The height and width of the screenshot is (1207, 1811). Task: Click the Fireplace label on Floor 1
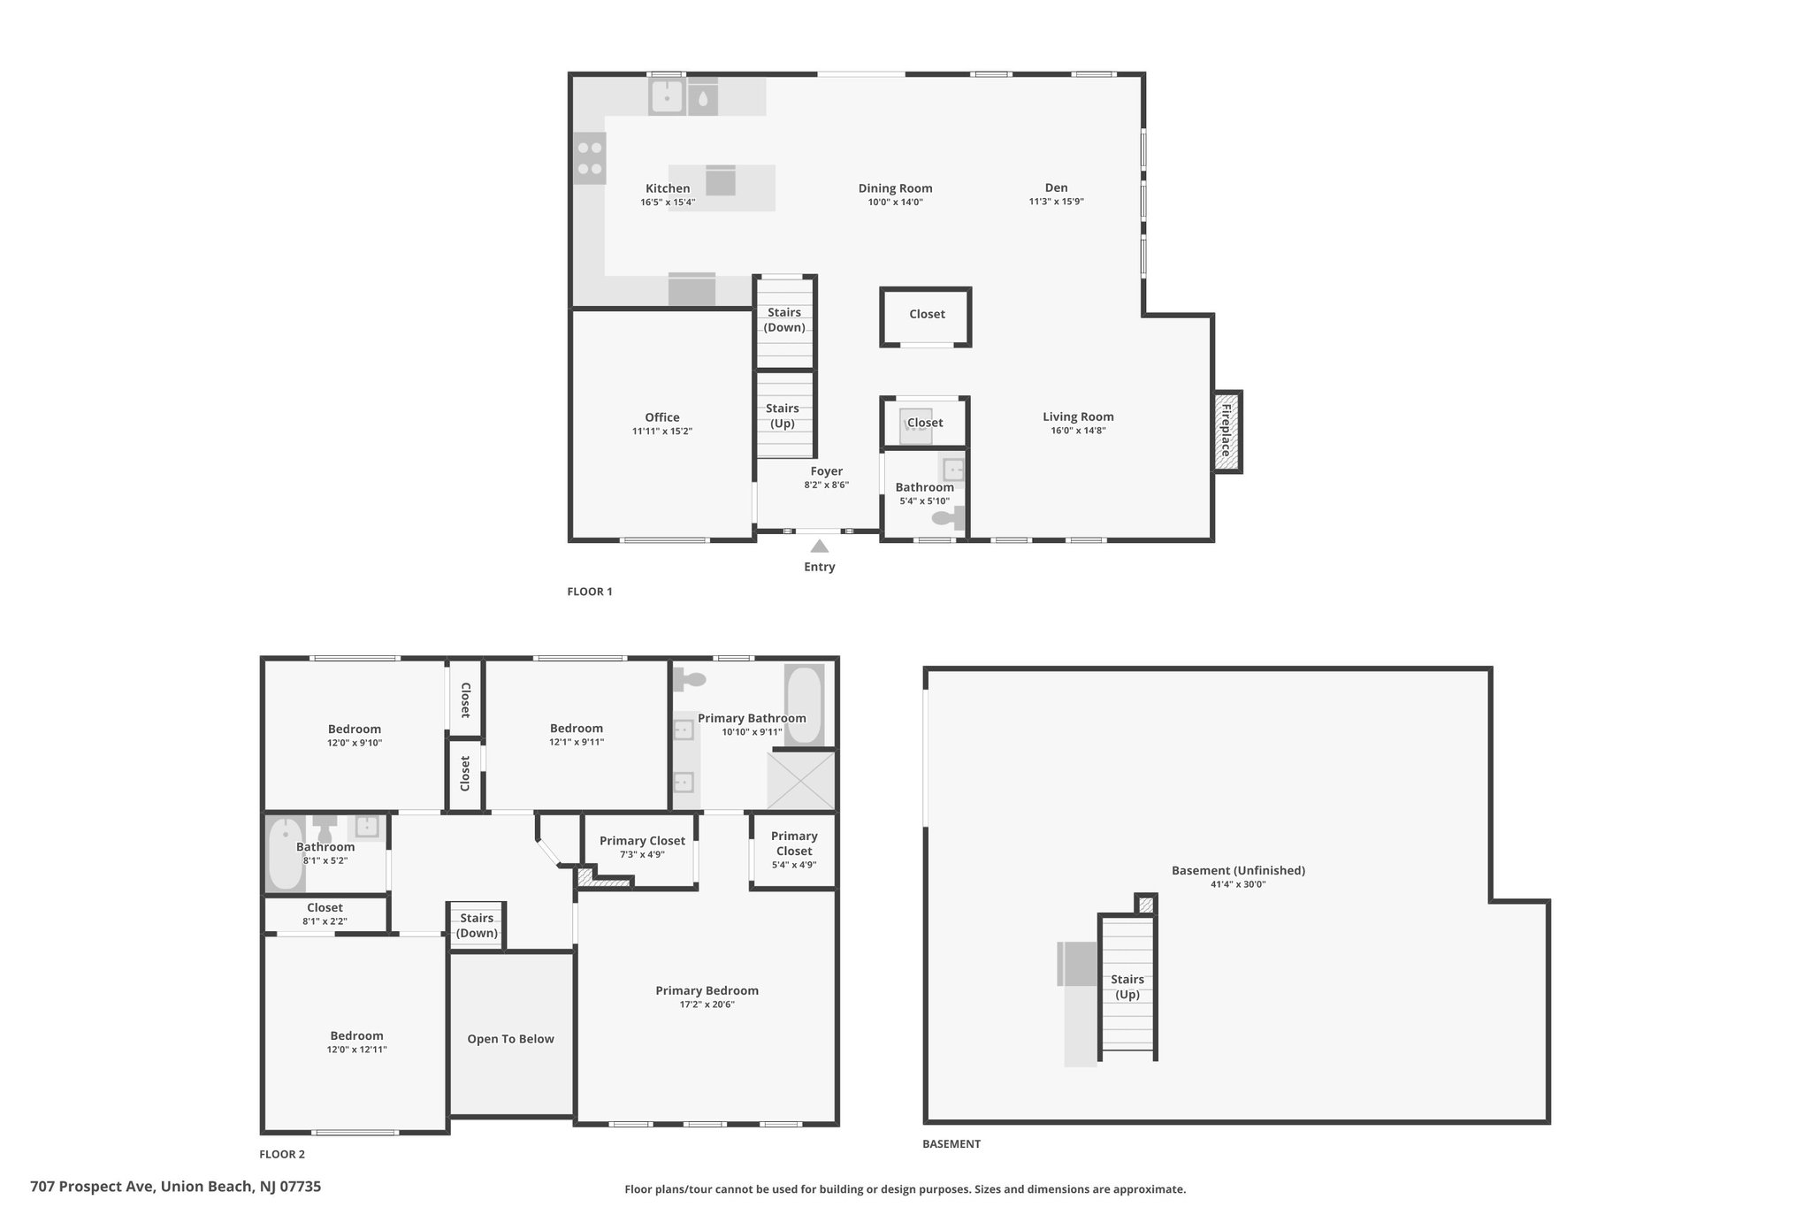[x=1226, y=431]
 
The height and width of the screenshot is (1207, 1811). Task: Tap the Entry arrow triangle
[x=820, y=546]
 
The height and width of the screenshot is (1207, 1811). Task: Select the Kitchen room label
[x=668, y=188]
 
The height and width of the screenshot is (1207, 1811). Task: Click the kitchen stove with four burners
[x=590, y=158]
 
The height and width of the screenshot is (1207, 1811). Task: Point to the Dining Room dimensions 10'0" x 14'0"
[x=896, y=202]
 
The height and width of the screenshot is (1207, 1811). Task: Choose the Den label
[x=1057, y=187]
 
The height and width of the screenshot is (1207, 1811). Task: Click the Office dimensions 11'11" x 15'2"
[x=662, y=432]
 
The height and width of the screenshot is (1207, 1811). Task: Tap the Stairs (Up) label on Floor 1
[x=783, y=416]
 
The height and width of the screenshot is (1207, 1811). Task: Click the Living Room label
[x=1078, y=416]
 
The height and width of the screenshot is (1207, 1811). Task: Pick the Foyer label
[x=827, y=471]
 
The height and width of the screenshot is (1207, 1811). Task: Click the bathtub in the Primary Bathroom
[x=804, y=705]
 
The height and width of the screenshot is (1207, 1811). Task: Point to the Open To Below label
[x=511, y=1039]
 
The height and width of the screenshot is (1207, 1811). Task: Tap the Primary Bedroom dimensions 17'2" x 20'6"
[x=707, y=1005]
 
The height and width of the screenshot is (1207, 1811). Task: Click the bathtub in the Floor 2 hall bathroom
[x=285, y=854]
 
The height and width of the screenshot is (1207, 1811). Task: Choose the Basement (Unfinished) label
[x=1238, y=870]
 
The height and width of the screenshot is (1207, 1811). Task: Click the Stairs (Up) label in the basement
[x=1127, y=987]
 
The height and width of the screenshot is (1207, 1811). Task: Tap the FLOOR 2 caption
[x=282, y=1154]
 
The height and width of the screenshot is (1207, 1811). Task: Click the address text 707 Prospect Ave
[x=92, y=1187]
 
